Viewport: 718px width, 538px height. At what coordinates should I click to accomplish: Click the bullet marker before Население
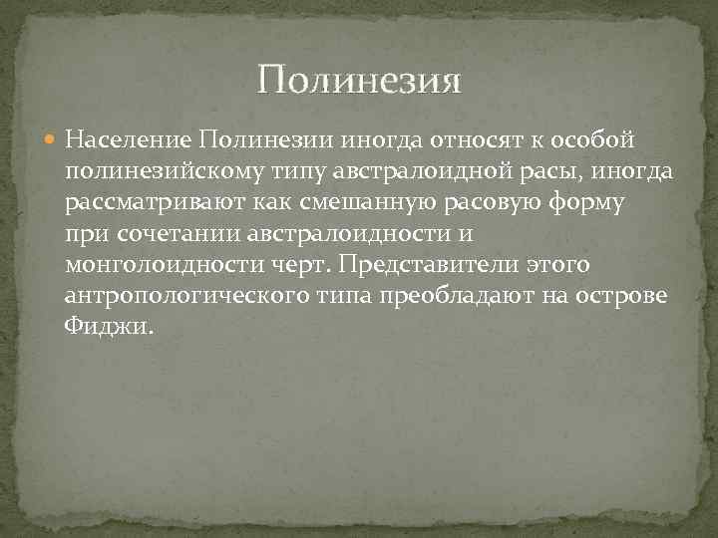pos(51,135)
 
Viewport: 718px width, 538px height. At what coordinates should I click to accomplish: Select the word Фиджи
pos(108,328)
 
